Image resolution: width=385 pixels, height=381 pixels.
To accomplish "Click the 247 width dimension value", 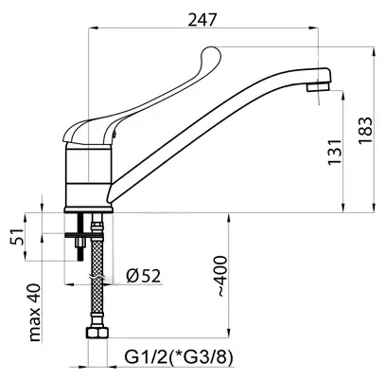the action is coord(202,20).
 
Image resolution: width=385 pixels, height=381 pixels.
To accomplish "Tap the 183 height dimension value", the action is coord(365,131).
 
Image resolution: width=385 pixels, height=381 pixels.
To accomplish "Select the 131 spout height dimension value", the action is coord(335,152).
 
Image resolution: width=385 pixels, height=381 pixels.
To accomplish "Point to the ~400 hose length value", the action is coord(220,276).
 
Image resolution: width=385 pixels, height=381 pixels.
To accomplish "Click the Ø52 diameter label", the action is coord(144,276).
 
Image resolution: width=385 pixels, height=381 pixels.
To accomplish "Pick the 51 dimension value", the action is coord(17,236).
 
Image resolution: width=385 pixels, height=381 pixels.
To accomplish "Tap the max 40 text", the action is coord(35,313).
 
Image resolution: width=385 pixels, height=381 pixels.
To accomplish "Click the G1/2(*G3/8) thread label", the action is coord(179,357).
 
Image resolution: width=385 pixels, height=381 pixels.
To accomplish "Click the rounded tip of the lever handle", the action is coord(211,53).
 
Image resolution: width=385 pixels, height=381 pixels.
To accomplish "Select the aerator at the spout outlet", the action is coord(318,86).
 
